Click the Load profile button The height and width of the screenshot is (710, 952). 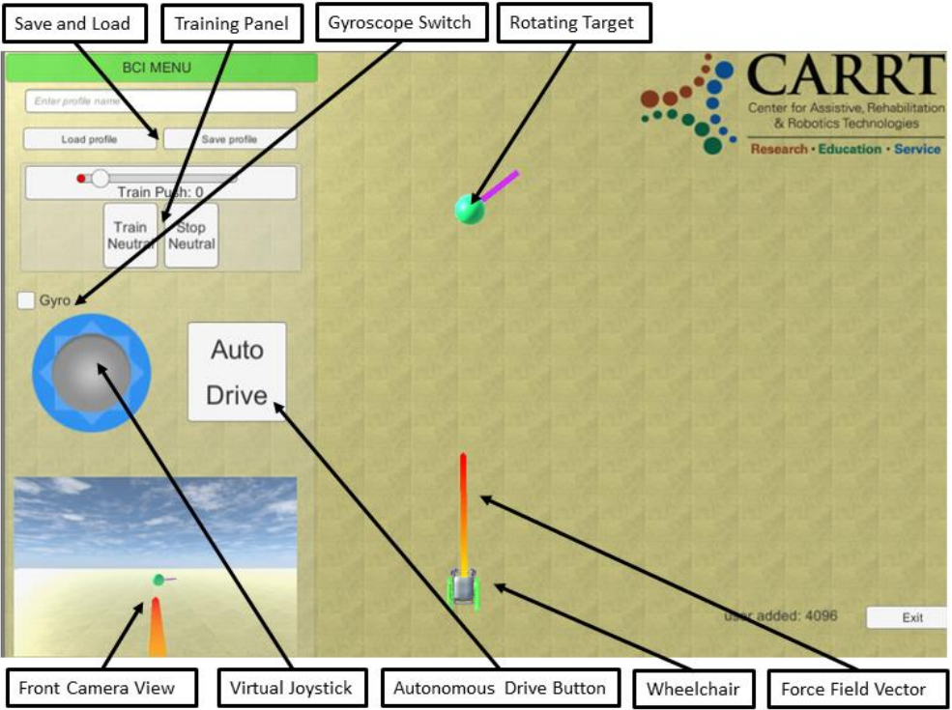coord(89,139)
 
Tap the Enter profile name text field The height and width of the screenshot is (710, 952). coord(160,100)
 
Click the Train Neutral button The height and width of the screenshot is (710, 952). coord(130,235)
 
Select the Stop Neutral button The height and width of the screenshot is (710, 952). coord(191,235)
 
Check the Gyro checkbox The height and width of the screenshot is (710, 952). coord(27,301)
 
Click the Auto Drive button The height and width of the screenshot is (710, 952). coord(237,372)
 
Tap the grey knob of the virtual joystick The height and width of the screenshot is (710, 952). coord(91,372)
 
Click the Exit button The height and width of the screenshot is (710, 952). coord(911,617)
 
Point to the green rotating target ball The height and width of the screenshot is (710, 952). coord(470,209)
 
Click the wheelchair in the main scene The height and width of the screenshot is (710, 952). coord(464,588)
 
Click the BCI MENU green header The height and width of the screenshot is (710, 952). coord(161,68)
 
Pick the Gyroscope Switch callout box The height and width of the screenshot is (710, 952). coord(400,23)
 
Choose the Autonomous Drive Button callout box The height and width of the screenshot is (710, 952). coord(500,689)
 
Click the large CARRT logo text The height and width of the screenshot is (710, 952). coord(845,75)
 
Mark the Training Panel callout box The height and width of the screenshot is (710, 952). coord(231,23)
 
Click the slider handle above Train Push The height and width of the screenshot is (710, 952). coord(100,178)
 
